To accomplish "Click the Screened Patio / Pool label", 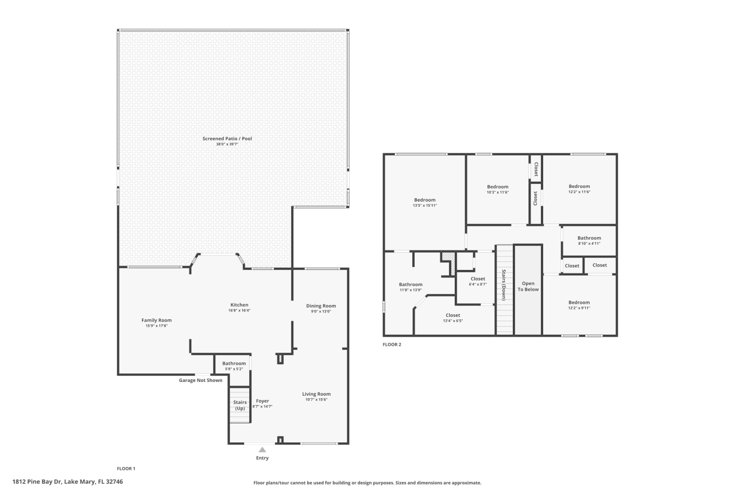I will (x=227, y=138).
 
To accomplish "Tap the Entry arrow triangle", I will (x=262, y=450).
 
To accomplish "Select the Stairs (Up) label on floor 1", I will (x=240, y=405).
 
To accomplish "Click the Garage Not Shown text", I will (x=200, y=380).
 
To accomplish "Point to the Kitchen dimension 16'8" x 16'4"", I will (x=239, y=310).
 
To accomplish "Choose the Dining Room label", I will (x=321, y=306).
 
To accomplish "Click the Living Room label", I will (x=316, y=394).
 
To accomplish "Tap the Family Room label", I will (x=157, y=320).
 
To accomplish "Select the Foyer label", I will (x=262, y=401).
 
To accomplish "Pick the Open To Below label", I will (x=528, y=286).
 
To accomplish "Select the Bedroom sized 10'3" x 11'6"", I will (x=498, y=187).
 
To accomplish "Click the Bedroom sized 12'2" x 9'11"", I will (x=579, y=303).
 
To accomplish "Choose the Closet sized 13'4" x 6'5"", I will (x=453, y=315).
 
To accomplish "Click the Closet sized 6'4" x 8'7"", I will (x=478, y=279).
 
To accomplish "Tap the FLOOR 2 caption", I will (x=392, y=345).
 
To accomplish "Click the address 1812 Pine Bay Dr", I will (x=68, y=481).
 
